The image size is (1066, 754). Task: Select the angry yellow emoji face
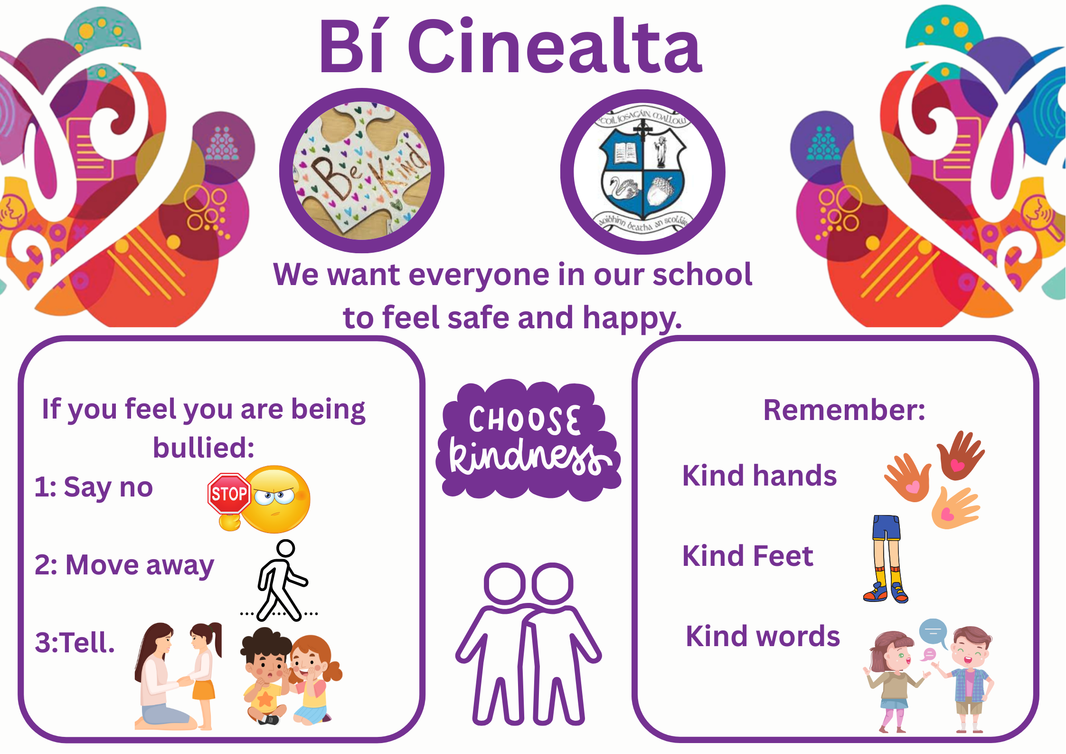(x=276, y=499)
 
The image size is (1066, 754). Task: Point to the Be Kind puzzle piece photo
(x=362, y=170)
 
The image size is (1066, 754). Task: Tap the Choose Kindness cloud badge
(x=528, y=439)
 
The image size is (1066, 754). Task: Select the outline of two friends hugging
(x=528, y=644)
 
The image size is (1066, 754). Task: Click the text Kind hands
(x=759, y=476)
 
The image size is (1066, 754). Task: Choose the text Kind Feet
(x=747, y=556)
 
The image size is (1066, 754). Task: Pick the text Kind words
(x=763, y=636)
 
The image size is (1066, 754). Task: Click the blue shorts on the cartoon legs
(x=886, y=528)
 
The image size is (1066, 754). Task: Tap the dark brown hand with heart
(x=960, y=455)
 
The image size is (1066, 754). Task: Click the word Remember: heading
(x=844, y=410)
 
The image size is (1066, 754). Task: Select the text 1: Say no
(x=94, y=488)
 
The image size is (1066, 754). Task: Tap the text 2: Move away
(x=124, y=566)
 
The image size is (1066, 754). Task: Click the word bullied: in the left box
(x=204, y=448)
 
